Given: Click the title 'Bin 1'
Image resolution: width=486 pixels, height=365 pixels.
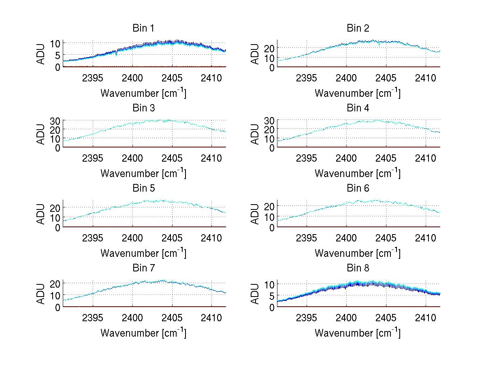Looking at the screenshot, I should (x=143, y=28).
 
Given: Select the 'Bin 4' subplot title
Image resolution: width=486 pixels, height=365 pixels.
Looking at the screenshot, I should (x=358, y=108).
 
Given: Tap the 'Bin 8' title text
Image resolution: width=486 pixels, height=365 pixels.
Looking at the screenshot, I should (x=358, y=268).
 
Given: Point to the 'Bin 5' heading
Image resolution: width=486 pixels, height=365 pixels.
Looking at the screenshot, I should (x=143, y=188).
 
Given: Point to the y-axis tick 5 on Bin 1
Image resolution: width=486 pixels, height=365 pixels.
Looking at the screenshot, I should (x=58, y=55).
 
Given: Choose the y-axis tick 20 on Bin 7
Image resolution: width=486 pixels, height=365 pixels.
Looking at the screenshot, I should (x=55, y=283).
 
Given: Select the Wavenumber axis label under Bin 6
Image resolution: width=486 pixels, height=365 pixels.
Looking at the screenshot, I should (x=358, y=253).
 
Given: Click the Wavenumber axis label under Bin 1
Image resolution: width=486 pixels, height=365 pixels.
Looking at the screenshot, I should (x=143, y=93).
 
